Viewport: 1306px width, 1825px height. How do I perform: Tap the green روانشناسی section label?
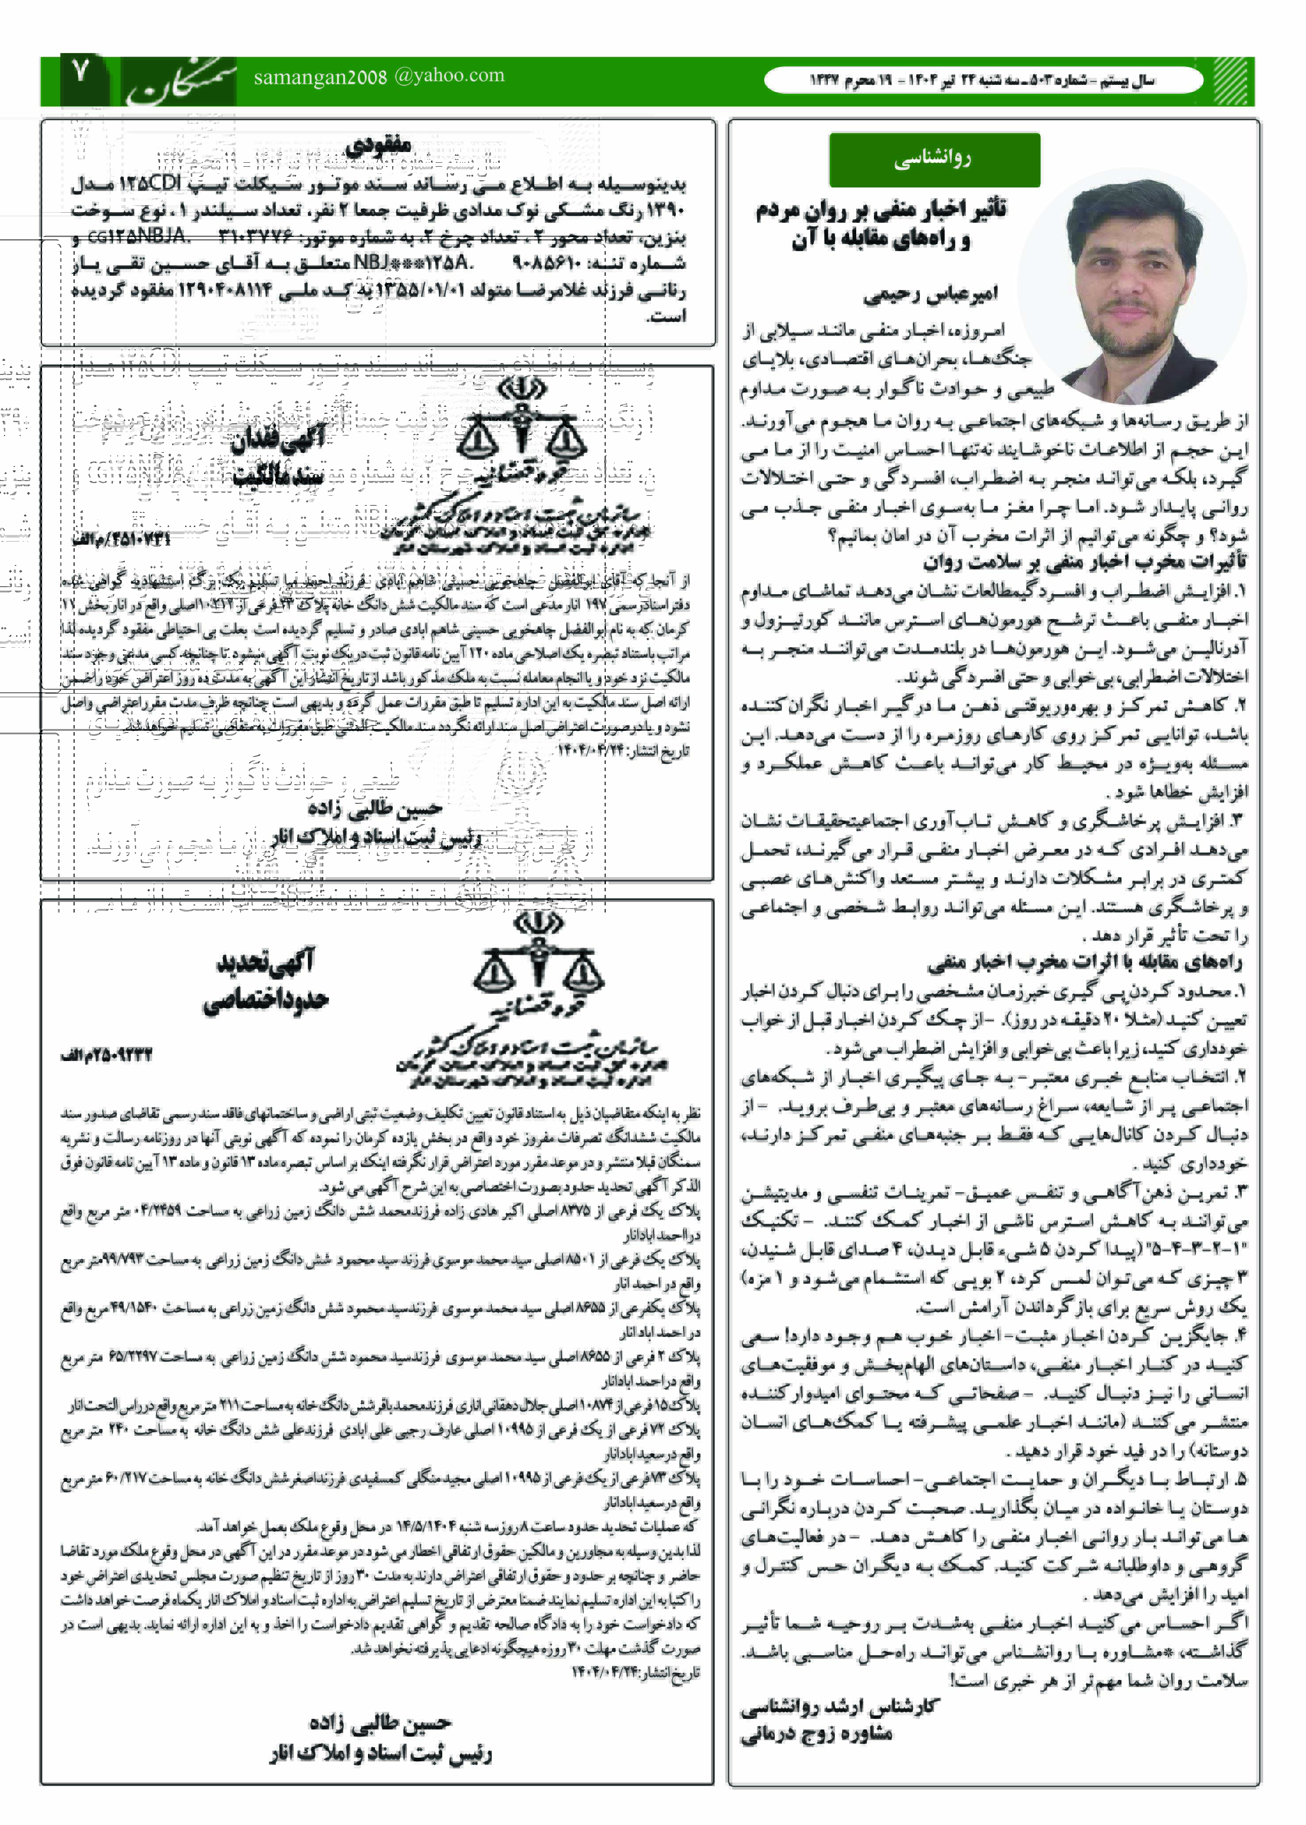(934, 159)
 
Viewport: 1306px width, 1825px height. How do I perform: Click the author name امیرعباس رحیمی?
(931, 295)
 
